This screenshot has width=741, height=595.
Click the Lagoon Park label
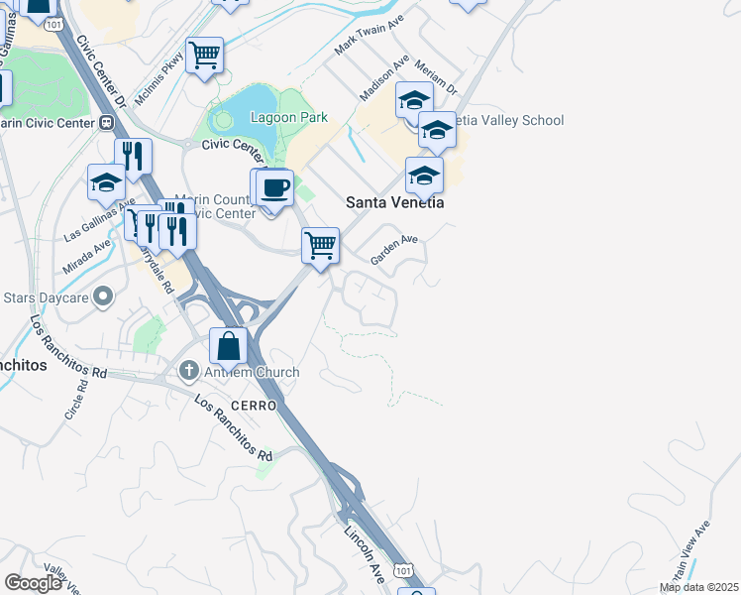287,117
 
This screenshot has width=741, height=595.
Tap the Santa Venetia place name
393,201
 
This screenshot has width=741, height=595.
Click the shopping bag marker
229,347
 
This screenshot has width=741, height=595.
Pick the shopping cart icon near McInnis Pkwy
204,56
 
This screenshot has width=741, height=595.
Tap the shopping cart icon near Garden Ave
320,244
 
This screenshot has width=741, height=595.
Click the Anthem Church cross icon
188,372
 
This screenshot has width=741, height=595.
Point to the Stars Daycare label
48,297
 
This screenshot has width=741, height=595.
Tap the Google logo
33,583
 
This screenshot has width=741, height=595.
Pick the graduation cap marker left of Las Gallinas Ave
106,181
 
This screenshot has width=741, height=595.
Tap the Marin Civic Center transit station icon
107,123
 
